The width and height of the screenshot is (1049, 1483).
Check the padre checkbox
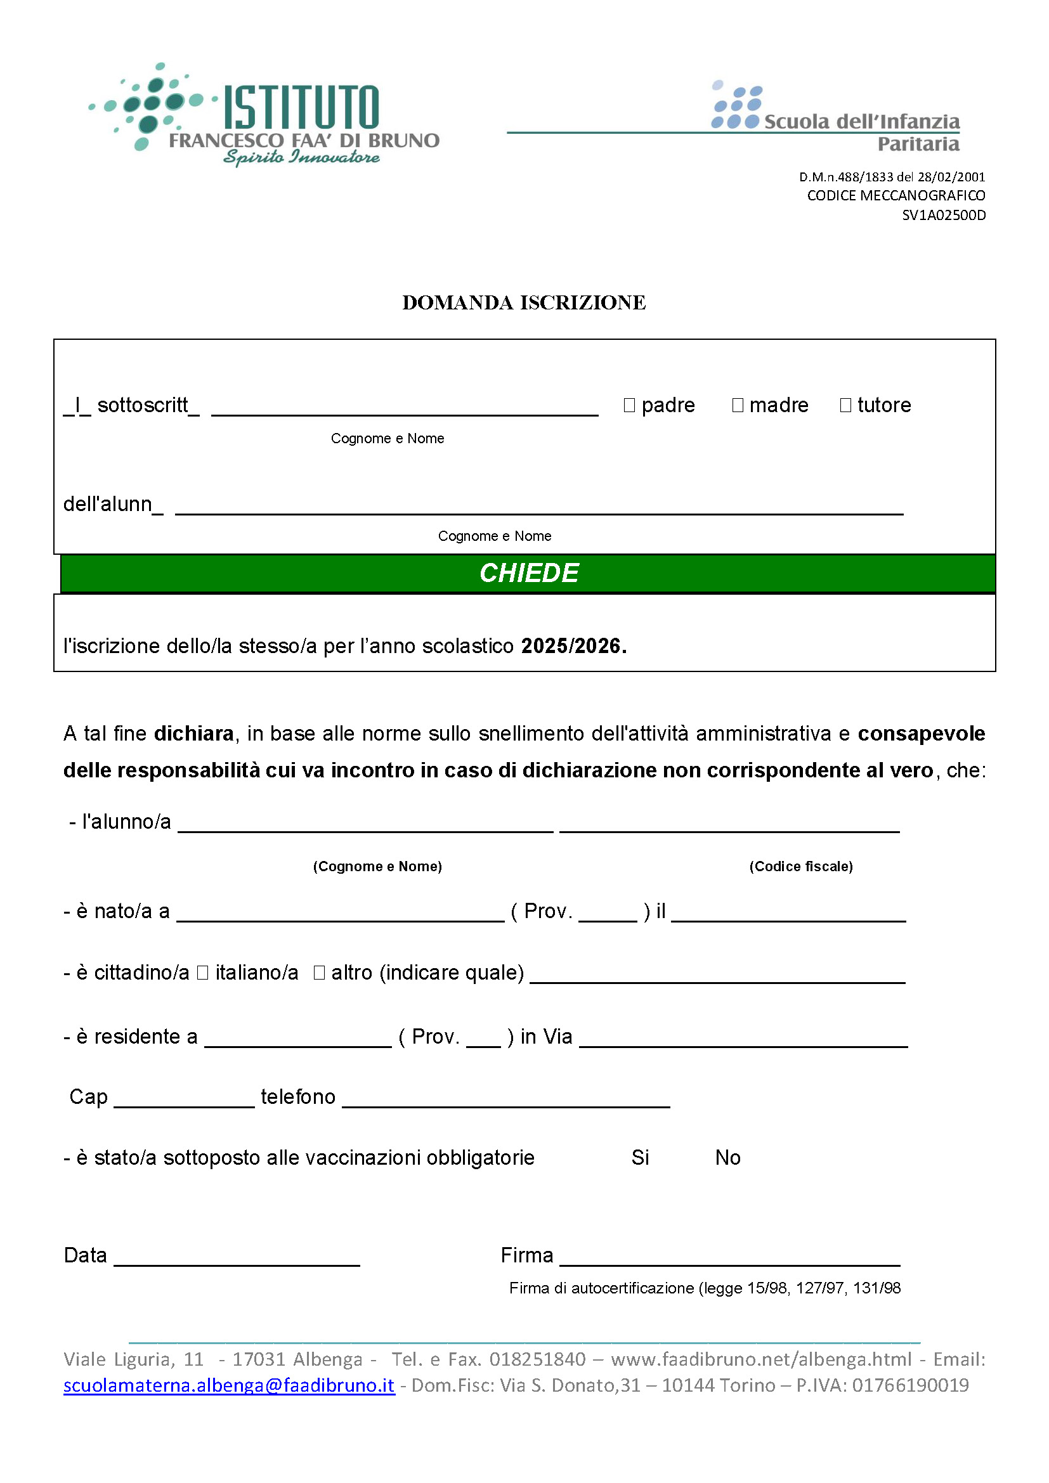[629, 405]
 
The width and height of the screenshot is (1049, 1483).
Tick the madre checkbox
[738, 405]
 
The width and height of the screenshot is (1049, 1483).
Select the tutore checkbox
[845, 405]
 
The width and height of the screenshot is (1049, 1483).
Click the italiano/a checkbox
[202, 973]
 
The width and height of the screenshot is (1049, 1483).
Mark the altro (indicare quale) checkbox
[319, 973]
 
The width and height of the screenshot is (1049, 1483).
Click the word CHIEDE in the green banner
[528, 573]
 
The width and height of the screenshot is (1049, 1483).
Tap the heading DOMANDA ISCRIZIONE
[524, 302]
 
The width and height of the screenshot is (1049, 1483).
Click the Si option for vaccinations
[640, 1158]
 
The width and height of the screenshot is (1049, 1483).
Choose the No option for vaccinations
[727, 1158]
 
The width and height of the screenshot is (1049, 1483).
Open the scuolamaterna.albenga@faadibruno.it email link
[229, 1385]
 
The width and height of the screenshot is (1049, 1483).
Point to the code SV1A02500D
[944, 215]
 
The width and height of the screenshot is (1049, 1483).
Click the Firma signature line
[730, 1257]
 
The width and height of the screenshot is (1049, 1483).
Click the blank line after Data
[237, 1257]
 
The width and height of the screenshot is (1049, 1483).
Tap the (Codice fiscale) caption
[801, 867]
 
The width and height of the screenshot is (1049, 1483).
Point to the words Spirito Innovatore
[301, 157]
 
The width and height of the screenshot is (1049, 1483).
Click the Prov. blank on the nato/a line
[608, 913]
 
